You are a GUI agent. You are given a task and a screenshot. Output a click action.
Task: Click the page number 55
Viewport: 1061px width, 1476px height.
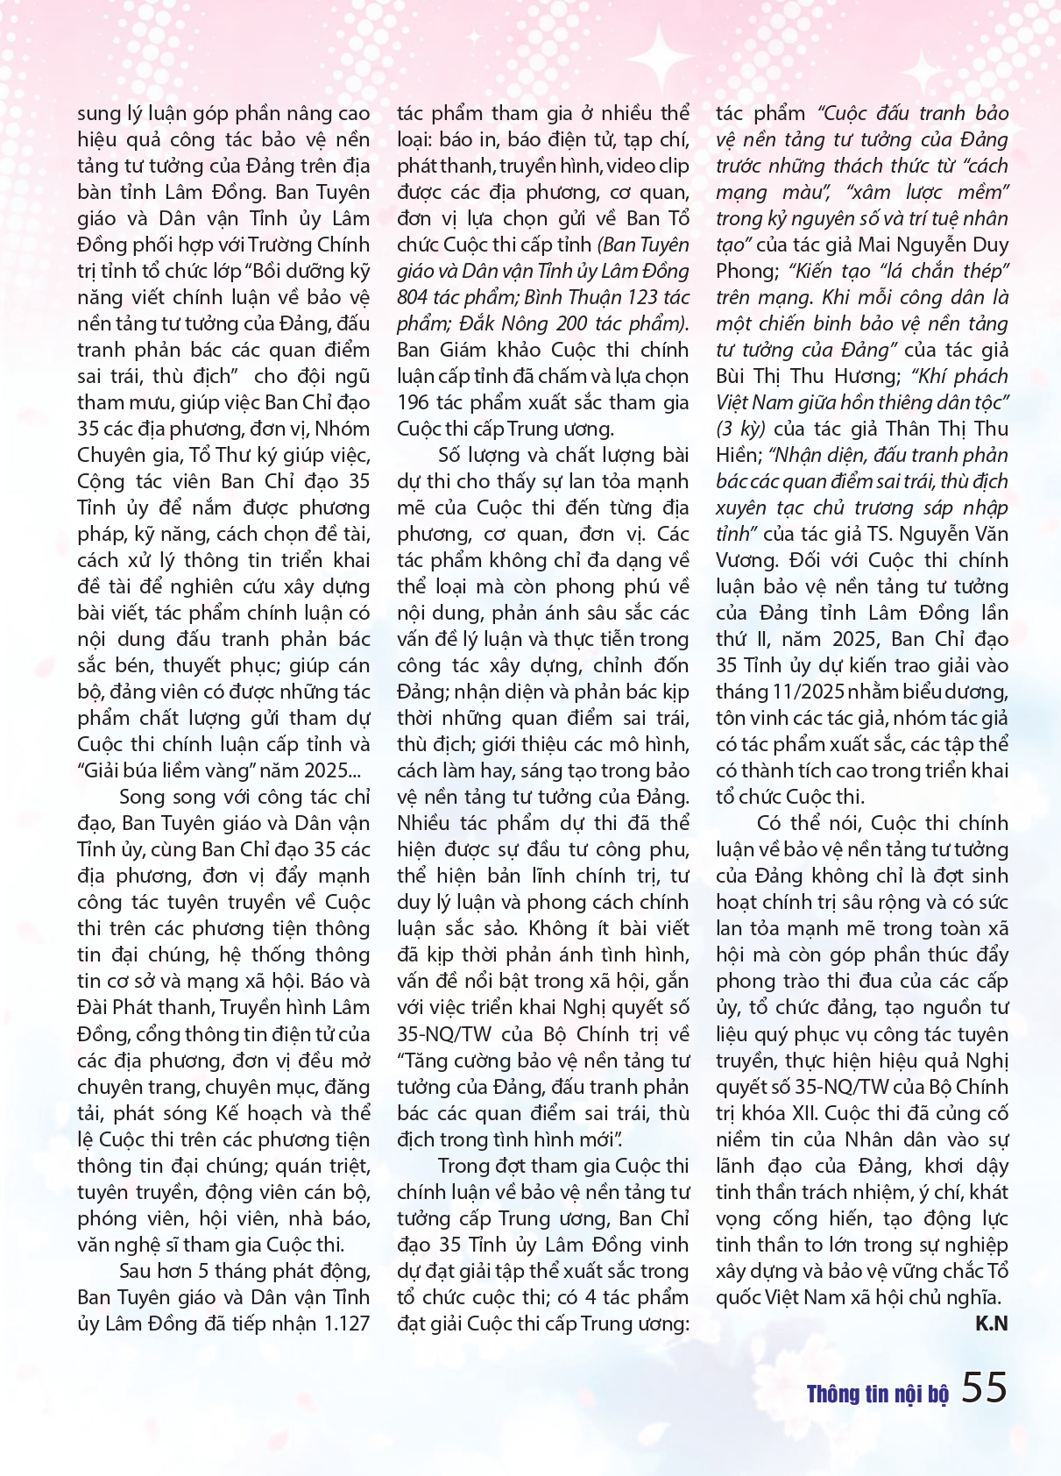click(x=985, y=1387)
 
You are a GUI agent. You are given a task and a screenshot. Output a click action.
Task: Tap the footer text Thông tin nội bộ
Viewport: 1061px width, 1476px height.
click(x=877, y=1394)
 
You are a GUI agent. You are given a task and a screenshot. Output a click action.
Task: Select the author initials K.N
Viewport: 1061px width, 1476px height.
click(x=992, y=1323)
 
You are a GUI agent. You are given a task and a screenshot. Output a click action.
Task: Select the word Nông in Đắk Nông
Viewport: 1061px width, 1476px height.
click(x=483, y=323)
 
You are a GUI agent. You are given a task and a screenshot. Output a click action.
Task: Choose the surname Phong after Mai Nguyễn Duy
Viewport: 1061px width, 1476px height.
click(x=743, y=271)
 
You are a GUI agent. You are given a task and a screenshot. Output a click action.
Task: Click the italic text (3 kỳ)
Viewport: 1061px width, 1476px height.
click(x=741, y=429)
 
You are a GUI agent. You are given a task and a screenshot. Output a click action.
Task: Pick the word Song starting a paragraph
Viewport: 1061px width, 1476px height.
click(x=141, y=797)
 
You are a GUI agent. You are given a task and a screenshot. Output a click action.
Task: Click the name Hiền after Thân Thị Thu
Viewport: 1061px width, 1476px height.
click(x=736, y=455)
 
